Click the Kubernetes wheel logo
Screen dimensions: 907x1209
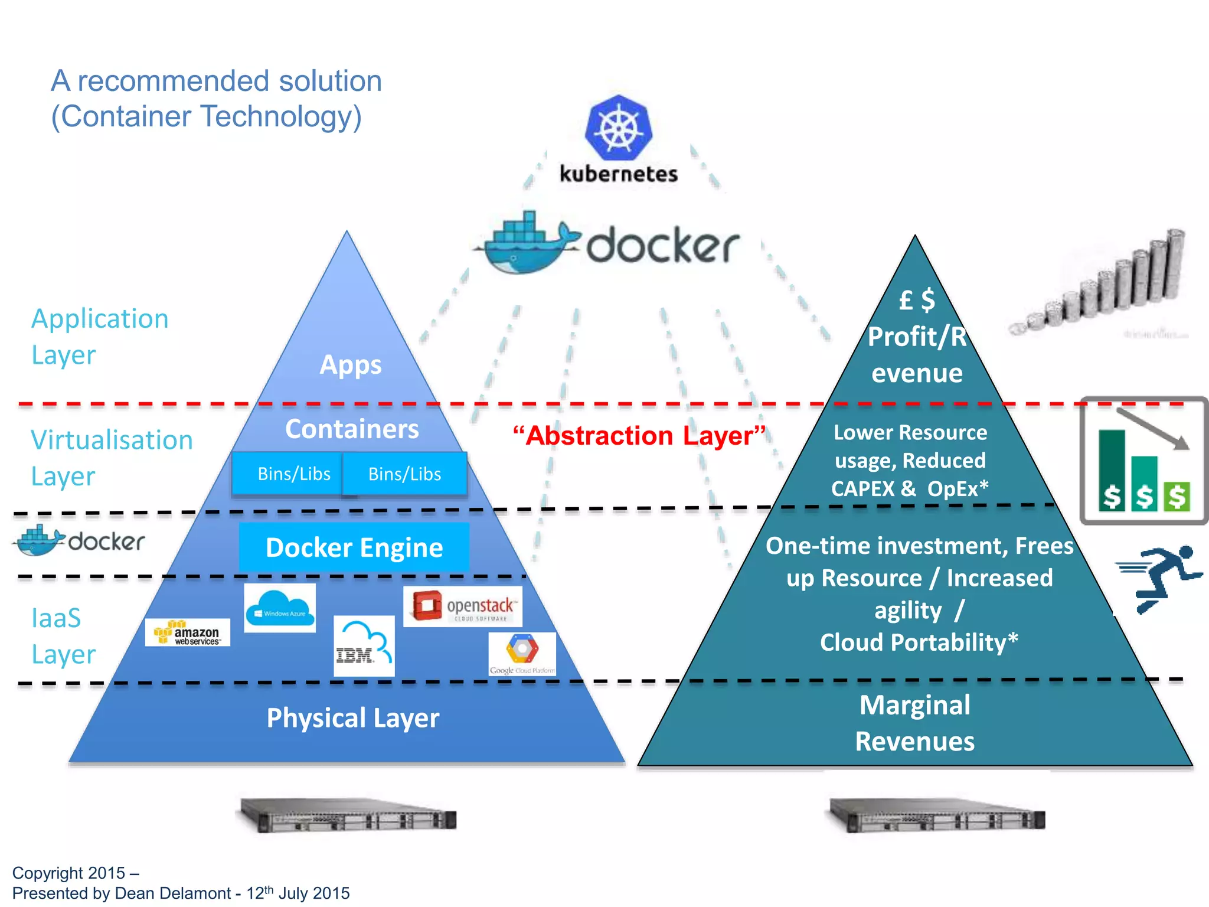pos(618,128)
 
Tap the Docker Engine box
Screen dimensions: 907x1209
pos(354,547)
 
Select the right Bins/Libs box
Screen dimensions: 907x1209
pos(405,474)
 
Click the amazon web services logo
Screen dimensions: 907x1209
pos(188,632)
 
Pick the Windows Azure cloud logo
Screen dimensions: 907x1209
pos(280,608)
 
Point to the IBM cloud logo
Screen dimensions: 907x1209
pos(364,646)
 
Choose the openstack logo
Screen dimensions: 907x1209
pos(463,606)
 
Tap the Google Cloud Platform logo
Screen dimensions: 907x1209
pos(522,654)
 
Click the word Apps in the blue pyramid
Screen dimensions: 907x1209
pos(351,365)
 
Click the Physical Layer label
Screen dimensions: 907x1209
pos(352,718)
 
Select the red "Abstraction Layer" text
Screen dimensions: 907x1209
pos(639,436)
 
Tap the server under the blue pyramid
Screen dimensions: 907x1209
pos(348,815)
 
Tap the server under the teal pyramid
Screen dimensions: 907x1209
pos(937,815)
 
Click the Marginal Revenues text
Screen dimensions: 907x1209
pos(914,723)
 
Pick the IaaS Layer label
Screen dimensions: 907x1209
pos(63,636)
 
